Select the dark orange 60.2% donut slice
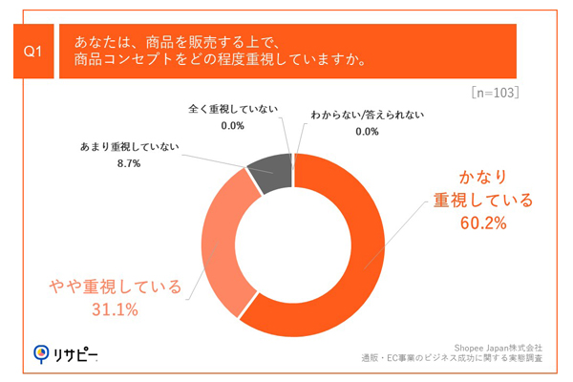coord(353,277)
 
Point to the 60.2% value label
coord(480,224)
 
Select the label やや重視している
coord(116,286)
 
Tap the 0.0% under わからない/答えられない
coord(368,132)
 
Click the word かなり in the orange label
coord(479,178)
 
